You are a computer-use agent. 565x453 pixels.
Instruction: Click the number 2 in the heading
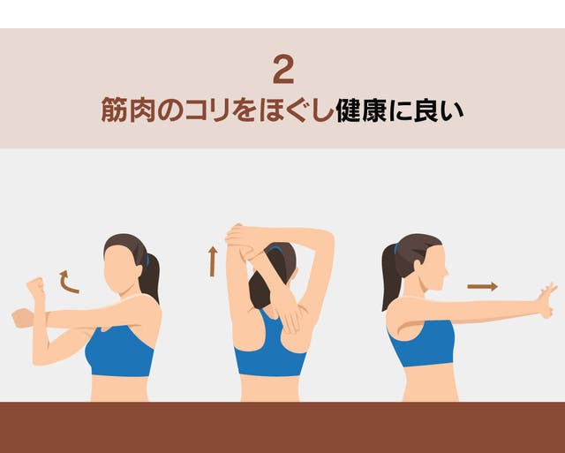[x=283, y=70]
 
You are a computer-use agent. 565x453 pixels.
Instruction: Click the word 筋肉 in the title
[x=128, y=110]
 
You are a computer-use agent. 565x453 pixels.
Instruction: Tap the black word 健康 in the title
[x=362, y=110]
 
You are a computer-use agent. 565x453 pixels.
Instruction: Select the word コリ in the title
[x=207, y=110]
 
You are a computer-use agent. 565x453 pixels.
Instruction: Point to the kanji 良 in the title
[x=426, y=110]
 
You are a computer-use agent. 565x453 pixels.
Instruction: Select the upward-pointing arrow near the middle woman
[x=213, y=261]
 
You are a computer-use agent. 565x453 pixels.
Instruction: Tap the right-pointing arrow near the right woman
[x=483, y=287]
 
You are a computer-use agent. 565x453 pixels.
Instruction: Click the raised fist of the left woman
[x=35, y=287]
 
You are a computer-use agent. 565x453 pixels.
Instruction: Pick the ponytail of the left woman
[x=149, y=277]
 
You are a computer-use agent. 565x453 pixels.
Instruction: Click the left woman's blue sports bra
[x=120, y=351]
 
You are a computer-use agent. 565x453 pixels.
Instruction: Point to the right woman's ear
[x=418, y=266]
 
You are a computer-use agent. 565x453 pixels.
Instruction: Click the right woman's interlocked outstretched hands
[x=545, y=300]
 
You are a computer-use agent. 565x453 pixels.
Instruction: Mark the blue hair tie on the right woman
[x=396, y=249]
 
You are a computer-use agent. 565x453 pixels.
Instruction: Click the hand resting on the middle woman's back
[x=290, y=317]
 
